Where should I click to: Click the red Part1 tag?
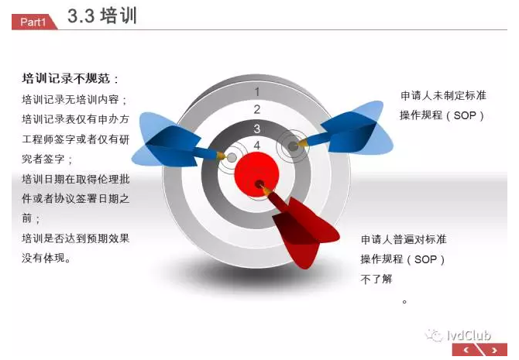click(x=33, y=22)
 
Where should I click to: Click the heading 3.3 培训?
click(x=102, y=15)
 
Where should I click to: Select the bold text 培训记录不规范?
click(x=66, y=78)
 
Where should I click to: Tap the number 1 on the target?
click(x=257, y=91)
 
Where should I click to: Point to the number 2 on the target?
click(x=257, y=109)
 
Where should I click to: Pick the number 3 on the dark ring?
click(x=257, y=129)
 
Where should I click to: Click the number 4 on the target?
click(x=257, y=146)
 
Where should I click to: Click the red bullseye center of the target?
click(x=257, y=174)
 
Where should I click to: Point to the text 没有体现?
click(x=43, y=258)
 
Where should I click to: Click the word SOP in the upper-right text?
click(x=464, y=115)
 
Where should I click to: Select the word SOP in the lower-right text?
click(x=425, y=259)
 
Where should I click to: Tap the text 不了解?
click(x=376, y=279)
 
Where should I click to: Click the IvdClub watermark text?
click(x=469, y=335)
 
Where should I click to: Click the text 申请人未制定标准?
click(x=443, y=96)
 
